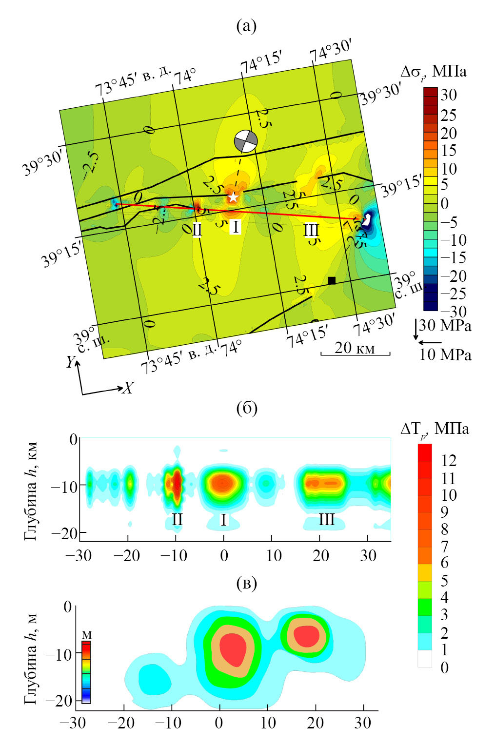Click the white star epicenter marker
pyautogui.click(x=233, y=197)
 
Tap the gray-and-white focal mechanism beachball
pyautogui.click(x=245, y=141)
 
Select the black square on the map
pyautogui.click(x=332, y=280)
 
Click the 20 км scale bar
pyautogui.click(x=355, y=353)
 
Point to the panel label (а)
pyautogui.click(x=246, y=26)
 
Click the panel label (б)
pyautogui.click(x=247, y=408)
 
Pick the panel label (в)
pyautogui.click(x=246, y=583)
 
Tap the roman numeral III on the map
pyautogui.click(x=311, y=230)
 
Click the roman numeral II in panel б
pyautogui.click(x=177, y=520)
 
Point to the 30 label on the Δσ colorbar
pyautogui.click(x=448, y=95)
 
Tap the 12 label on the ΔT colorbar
pyautogui.click(x=448, y=460)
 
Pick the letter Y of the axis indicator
pyautogui.click(x=71, y=362)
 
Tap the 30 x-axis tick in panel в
pyautogui.click(x=362, y=723)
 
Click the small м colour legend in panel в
pyautogui.click(x=86, y=671)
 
